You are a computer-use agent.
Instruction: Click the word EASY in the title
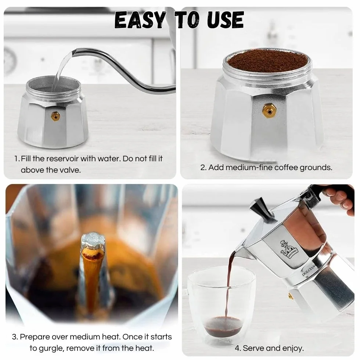[140, 20]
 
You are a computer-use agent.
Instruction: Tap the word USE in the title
[225, 20]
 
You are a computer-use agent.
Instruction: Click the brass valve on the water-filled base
[55, 116]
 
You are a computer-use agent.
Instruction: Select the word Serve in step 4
[253, 348]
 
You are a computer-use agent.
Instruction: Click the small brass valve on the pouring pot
[291, 296]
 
